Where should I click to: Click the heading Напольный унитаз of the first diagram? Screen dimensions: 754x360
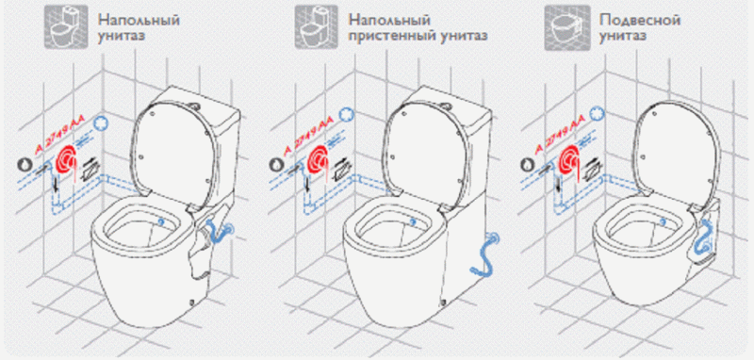coord(139,28)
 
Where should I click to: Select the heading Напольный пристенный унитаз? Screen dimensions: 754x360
coord(418,28)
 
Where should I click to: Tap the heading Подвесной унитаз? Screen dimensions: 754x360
coord(640,28)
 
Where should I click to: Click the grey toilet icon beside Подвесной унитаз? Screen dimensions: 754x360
coord(568,28)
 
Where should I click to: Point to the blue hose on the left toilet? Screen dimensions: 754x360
coord(220,232)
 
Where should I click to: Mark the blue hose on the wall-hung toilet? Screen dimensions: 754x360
coord(703,236)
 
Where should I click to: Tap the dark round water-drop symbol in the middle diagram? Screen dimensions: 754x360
coord(275,164)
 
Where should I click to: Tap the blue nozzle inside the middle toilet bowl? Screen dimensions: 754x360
coord(413,221)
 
